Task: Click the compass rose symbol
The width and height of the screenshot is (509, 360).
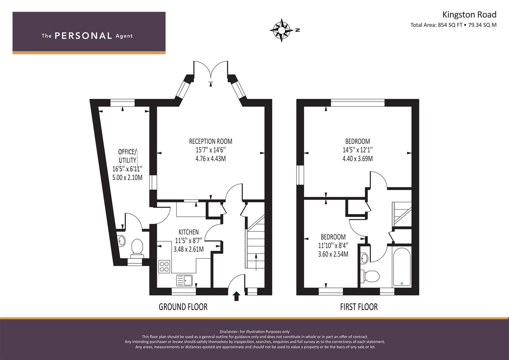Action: pos(282,30)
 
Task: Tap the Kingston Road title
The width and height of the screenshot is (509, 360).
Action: pos(469,15)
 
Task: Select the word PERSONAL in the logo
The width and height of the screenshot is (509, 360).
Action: pos(83,36)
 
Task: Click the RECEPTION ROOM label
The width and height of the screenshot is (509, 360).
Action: pos(211,141)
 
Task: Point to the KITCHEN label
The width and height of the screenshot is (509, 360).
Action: pos(189,232)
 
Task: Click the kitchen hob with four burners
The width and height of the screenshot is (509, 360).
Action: pos(164,267)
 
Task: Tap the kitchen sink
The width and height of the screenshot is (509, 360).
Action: pos(184,280)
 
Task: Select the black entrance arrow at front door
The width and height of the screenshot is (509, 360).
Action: pos(237,296)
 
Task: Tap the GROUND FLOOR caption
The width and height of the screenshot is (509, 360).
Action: pos(183,307)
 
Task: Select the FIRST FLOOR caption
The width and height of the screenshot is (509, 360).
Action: pos(359,307)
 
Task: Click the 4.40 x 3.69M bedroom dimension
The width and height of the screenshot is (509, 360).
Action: pos(358,159)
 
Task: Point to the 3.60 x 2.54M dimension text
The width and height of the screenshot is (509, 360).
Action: pos(333,254)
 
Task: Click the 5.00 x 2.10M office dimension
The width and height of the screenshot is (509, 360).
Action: pos(127,177)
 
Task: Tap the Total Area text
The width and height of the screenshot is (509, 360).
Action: pos(453,25)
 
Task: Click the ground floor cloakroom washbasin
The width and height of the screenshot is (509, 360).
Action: pos(122,240)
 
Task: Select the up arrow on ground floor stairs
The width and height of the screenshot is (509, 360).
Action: pos(256,262)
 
